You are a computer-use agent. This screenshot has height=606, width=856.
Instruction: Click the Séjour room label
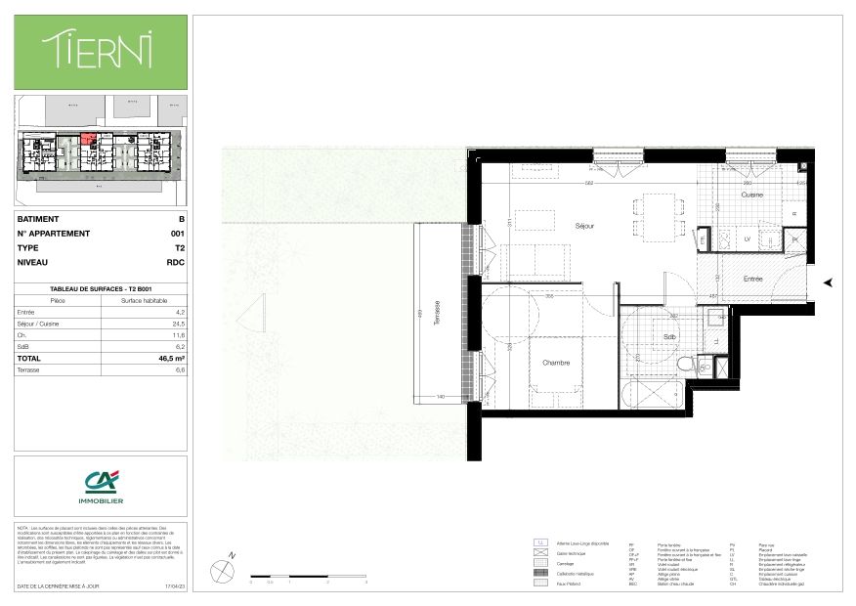[585, 226]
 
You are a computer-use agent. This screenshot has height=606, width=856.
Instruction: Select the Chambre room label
[555, 363]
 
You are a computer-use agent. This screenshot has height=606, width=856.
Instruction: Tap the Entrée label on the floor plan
[752, 280]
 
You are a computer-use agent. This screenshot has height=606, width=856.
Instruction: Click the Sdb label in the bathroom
[669, 337]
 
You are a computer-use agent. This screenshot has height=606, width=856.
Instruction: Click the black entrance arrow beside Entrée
[829, 282]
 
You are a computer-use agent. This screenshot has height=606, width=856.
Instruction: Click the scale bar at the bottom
[308, 577]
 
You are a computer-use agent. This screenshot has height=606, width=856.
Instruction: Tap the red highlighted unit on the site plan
[89, 139]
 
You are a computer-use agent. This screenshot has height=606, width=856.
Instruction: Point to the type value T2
[179, 248]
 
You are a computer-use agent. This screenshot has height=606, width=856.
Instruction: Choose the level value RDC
[176, 263]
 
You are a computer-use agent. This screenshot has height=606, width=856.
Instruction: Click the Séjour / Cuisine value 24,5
[177, 324]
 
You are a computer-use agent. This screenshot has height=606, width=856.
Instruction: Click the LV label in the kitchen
[748, 238]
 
